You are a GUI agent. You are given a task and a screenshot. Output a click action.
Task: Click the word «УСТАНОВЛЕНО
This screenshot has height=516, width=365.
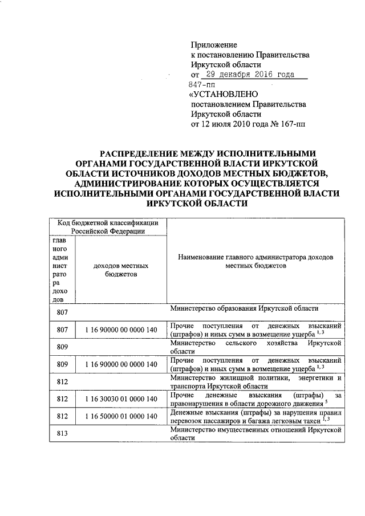click(224, 94)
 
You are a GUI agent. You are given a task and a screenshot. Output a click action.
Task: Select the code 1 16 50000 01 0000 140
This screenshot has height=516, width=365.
click(120, 417)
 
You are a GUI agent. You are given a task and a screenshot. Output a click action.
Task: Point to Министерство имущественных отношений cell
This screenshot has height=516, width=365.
click(255, 434)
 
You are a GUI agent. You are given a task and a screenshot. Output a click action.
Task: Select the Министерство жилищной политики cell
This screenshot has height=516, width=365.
click(255, 381)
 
